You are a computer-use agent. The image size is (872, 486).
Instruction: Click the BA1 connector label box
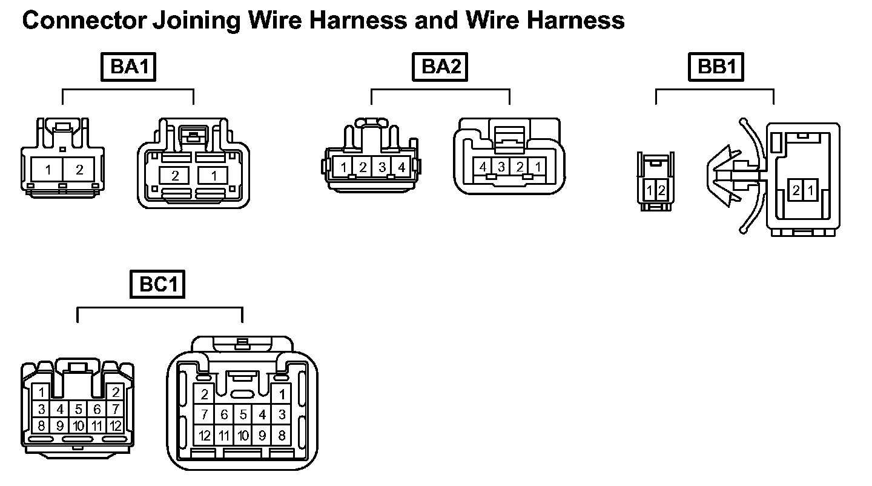click(x=128, y=67)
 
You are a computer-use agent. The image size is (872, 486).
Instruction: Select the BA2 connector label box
click(x=440, y=67)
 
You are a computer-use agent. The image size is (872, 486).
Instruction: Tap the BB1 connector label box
click(x=716, y=67)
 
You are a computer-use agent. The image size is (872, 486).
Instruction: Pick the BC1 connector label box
click(x=157, y=285)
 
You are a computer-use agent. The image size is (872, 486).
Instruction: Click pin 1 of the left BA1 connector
click(x=48, y=170)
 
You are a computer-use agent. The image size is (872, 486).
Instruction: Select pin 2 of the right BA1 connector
click(x=175, y=176)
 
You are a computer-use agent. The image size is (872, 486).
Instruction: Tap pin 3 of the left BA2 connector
click(x=382, y=167)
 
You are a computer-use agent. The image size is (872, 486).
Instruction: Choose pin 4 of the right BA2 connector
click(x=483, y=166)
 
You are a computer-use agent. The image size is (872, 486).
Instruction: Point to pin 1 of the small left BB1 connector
click(x=649, y=191)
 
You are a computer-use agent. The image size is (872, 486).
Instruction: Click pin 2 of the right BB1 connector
click(x=796, y=191)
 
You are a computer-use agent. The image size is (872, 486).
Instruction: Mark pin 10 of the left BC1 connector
click(x=79, y=425)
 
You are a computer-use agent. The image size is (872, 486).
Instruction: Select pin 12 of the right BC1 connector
click(x=205, y=435)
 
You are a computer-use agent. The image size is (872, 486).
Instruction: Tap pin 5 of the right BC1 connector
click(x=242, y=415)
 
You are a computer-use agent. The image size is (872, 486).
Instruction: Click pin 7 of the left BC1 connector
click(x=115, y=409)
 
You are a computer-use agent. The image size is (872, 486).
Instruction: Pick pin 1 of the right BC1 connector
click(x=280, y=395)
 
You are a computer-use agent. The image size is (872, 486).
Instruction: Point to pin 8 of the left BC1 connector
click(x=41, y=425)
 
